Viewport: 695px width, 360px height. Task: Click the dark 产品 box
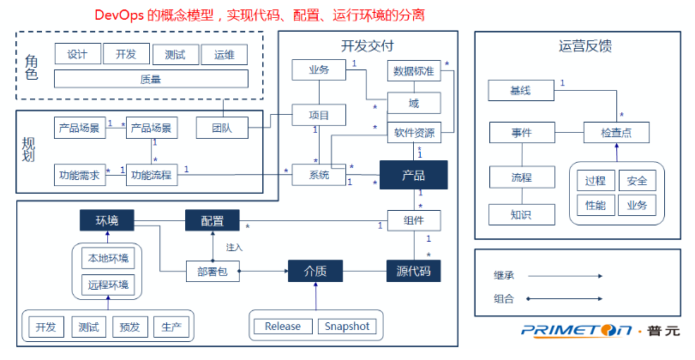click(413, 176)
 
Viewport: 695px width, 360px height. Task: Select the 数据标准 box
click(414, 70)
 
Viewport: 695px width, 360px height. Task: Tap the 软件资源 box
click(414, 133)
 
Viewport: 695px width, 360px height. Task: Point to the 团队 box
click(221, 129)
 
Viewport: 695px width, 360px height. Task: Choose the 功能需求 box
click(79, 176)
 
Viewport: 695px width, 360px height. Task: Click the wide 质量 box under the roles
click(151, 79)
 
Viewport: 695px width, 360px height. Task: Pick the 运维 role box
click(224, 54)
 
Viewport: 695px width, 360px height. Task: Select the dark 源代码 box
click(413, 272)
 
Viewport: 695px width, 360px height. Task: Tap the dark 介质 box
click(315, 272)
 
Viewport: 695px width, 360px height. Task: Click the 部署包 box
click(212, 272)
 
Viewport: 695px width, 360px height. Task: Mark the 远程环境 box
click(107, 284)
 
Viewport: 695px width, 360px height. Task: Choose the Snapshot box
click(347, 327)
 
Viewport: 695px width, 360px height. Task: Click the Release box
click(283, 327)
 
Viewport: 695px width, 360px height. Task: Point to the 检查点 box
click(616, 133)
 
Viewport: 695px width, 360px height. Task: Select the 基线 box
click(520, 90)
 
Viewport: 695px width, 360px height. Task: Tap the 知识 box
click(520, 214)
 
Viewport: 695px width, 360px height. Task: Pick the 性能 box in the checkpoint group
click(595, 205)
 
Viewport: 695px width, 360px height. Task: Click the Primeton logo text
click(566, 330)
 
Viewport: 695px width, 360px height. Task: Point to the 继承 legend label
click(504, 276)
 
